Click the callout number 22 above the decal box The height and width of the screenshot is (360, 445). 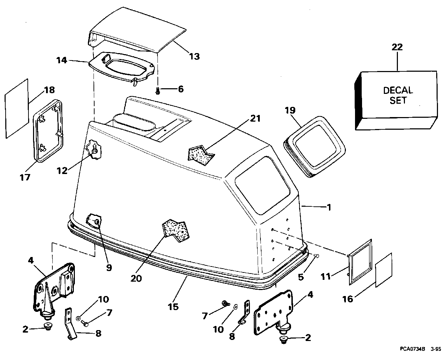[397, 47]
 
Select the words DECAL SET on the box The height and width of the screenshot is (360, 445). [398, 95]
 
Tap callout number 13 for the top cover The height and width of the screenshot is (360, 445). [194, 56]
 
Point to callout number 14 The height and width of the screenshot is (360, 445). [62, 60]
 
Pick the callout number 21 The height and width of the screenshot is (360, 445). [256, 118]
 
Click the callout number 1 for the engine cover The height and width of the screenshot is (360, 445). [329, 207]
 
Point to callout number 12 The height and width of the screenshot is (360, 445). [63, 171]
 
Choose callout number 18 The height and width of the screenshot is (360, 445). [50, 90]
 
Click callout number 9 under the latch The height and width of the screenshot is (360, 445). [109, 268]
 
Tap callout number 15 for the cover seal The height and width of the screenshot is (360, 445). [173, 307]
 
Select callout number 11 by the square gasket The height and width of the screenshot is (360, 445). [325, 277]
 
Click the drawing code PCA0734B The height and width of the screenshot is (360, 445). [412, 349]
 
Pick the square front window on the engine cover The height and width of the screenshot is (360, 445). [262, 185]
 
